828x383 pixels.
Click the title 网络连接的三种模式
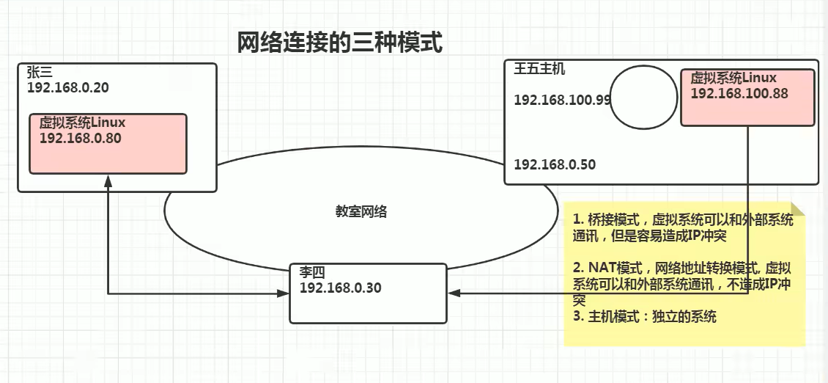[x=340, y=43]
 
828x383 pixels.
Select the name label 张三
[x=40, y=72]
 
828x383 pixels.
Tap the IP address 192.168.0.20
[x=67, y=87]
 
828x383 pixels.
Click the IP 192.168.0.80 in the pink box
[x=80, y=137]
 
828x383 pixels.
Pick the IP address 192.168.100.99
[x=562, y=100]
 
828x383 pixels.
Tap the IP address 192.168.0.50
[x=555, y=164]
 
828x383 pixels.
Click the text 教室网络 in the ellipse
[x=361, y=212]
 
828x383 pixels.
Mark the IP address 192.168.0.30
[x=340, y=288]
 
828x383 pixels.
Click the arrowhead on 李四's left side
[x=284, y=294]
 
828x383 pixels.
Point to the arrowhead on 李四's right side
[x=454, y=293]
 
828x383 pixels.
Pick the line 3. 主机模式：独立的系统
[x=645, y=317]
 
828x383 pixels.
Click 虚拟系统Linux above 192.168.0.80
[x=83, y=123]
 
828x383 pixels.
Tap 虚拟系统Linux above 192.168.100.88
[x=733, y=78]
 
